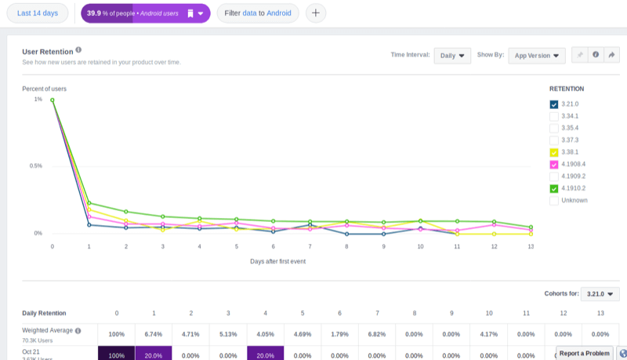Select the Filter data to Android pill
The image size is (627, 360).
coord(257,13)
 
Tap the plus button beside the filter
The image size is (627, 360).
coord(315,13)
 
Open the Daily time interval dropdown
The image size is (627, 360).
coord(452,56)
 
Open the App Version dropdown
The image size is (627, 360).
coord(536,56)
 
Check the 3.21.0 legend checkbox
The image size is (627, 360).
coord(554,104)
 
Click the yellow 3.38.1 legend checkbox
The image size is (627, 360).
coord(554,152)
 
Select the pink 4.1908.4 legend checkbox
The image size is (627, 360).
coord(554,164)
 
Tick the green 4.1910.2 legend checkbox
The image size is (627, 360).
coord(554,188)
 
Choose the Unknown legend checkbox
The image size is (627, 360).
coord(554,200)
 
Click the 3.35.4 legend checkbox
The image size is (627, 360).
coord(554,128)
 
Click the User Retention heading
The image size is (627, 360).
coord(47,50)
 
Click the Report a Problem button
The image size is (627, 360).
coord(584,353)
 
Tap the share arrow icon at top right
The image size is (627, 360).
coord(612,55)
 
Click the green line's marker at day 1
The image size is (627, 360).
coord(89,203)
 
